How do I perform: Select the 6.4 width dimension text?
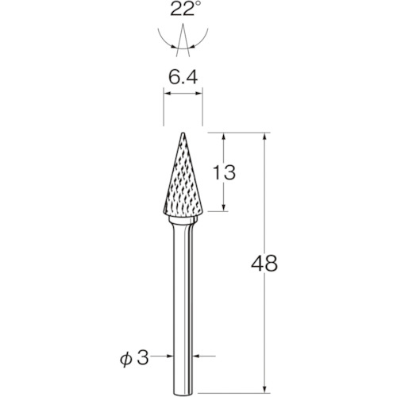click(183, 78)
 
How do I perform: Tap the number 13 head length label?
click(224, 172)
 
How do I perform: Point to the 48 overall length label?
click(264, 264)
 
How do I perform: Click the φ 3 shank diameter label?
click(135, 359)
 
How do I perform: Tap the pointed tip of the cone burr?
click(183, 133)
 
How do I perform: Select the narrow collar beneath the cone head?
click(183, 221)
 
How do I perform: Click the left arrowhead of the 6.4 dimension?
click(167, 93)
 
